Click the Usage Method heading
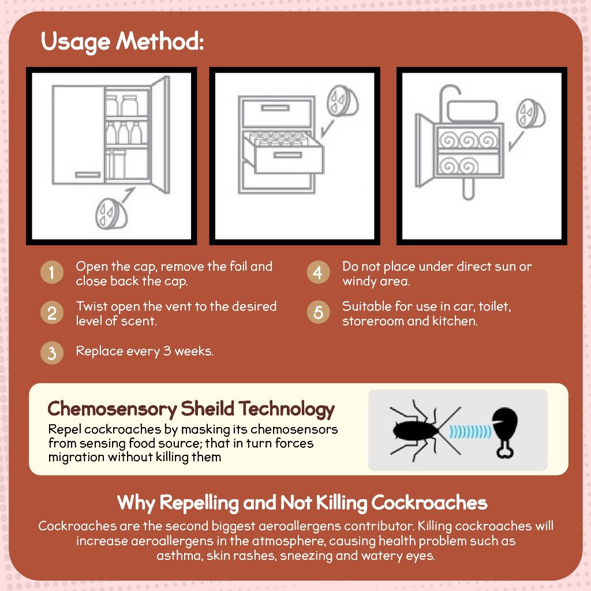(x=122, y=42)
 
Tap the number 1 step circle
(x=52, y=273)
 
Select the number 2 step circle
(x=52, y=313)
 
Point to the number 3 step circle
(x=52, y=353)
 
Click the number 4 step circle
(x=317, y=273)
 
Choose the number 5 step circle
(x=317, y=313)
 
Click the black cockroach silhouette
(x=418, y=430)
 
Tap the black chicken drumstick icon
(x=506, y=430)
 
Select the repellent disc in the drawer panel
(x=342, y=102)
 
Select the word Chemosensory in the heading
(x=112, y=409)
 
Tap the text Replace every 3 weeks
(x=144, y=351)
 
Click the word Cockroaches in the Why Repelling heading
(x=429, y=503)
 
